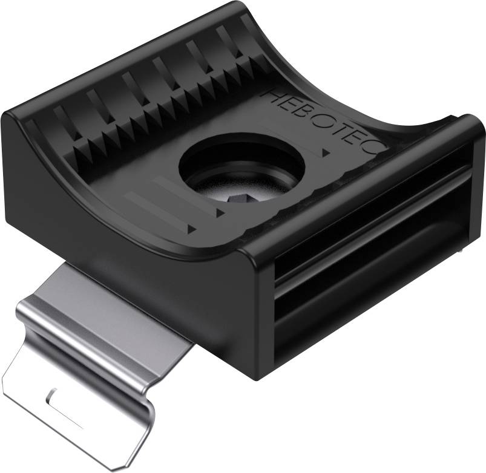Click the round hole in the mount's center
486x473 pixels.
tap(242, 169)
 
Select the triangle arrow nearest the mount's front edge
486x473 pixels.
tap(191, 229)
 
